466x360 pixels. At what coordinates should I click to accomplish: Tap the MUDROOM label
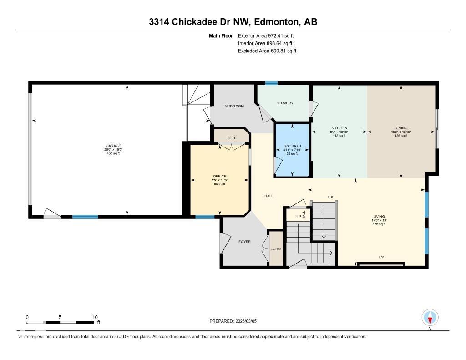point(234,106)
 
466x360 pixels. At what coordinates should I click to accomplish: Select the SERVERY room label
point(285,103)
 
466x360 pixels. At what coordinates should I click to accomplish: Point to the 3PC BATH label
point(292,146)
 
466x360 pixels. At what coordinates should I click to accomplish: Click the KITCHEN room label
point(339,128)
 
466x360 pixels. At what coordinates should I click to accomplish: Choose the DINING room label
point(401,128)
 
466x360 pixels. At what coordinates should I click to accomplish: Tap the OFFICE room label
point(220,176)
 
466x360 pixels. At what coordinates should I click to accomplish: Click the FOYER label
point(245,242)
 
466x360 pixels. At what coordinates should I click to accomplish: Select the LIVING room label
point(379,217)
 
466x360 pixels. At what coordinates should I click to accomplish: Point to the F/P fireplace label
point(381,257)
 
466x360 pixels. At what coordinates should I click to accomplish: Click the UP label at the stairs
point(331,197)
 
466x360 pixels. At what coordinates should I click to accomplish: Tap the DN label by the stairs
point(299,216)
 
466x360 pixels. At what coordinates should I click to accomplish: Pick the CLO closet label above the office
point(231,138)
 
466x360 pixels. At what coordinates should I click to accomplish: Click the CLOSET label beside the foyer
point(276,248)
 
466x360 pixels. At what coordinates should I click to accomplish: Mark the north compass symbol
point(430,317)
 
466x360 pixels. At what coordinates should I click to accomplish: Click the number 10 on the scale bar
point(95,317)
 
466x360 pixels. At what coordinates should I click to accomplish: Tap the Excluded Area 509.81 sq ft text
point(267,51)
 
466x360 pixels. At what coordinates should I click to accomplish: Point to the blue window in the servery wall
point(271,83)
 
